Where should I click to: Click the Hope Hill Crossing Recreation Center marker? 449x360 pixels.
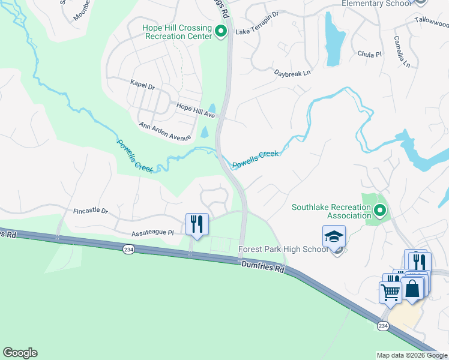click(x=221, y=31)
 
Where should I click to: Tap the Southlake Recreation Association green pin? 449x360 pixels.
click(x=379, y=211)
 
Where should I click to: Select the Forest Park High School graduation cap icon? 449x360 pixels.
click(x=334, y=236)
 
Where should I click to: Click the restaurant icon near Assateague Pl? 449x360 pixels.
click(x=197, y=224)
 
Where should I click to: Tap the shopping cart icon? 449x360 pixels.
click(x=391, y=292)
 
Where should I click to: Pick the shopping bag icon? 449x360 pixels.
click(x=413, y=288)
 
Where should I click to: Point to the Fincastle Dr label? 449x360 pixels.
click(x=91, y=211)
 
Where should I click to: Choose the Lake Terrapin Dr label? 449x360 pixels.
click(x=258, y=31)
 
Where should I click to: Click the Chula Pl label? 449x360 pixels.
click(x=370, y=54)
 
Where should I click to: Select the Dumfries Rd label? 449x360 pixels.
click(x=263, y=266)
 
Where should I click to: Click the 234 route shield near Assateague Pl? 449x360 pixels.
click(x=128, y=249)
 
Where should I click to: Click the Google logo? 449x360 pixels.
click(x=20, y=353)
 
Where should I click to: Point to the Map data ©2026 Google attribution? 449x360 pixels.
click(x=411, y=355)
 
